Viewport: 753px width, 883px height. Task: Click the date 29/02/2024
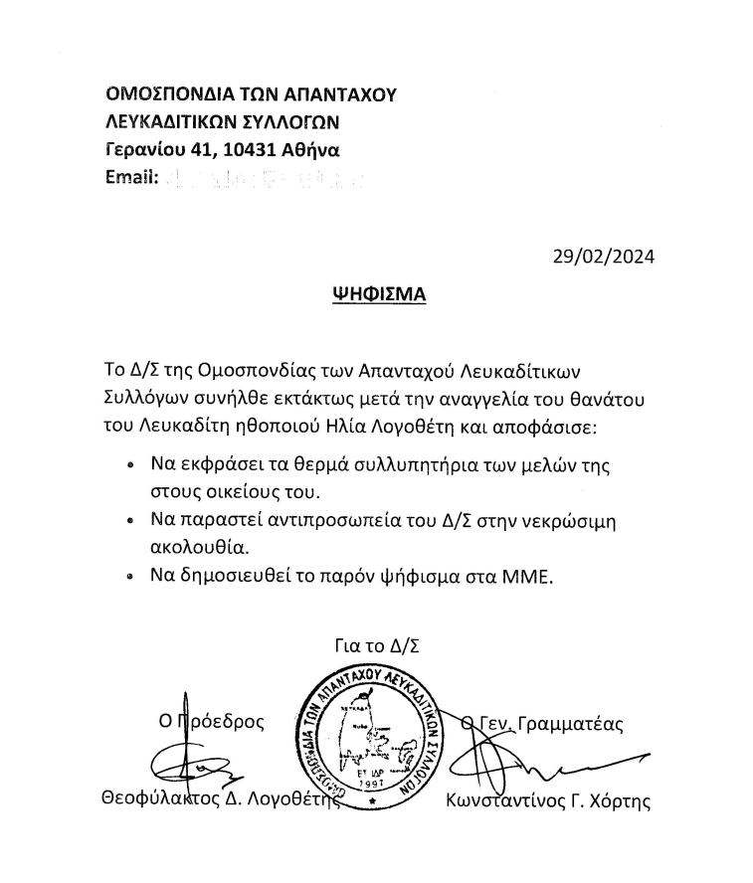pos(604,257)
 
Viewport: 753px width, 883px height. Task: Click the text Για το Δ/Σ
pos(378,647)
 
